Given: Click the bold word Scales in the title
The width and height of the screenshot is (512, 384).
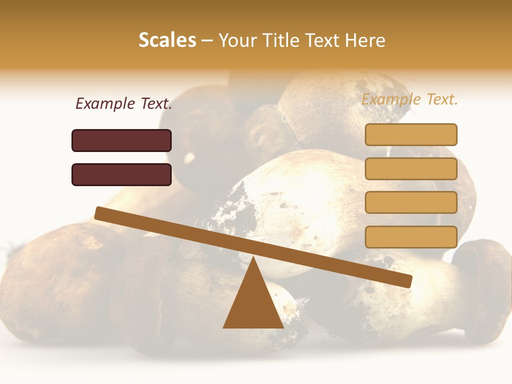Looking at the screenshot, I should coord(167,40).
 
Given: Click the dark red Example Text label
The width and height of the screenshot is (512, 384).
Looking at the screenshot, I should coord(124,104).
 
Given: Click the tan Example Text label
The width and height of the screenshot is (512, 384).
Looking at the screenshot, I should coord(410,99).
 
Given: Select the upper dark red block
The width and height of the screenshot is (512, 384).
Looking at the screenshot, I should coord(122,140).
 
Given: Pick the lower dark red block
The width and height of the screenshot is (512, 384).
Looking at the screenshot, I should coord(122,174).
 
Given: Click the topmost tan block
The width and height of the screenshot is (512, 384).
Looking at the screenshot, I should coord(411,134).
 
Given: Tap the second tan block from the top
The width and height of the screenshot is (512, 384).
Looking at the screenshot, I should coord(411,169).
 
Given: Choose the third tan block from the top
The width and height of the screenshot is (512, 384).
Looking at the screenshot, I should coord(411,203).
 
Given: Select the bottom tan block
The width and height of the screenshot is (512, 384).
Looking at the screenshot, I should coord(411,237).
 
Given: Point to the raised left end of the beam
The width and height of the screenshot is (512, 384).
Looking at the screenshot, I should coord(99,213).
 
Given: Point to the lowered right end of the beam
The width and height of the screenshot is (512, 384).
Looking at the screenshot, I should coord(407,281).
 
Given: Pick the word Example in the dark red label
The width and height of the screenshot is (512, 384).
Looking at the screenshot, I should coord(105,104).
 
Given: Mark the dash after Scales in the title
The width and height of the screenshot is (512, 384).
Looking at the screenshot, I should coord(207,40).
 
